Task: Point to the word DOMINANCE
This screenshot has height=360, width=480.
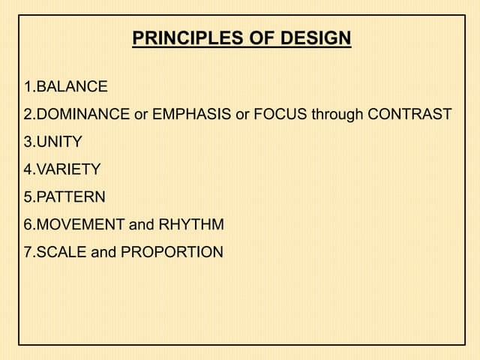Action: tap(83, 114)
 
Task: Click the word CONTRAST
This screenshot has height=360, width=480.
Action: tap(409, 114)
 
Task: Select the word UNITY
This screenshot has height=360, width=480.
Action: tap(59, 142)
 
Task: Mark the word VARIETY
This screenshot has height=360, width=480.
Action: tap(68, 169)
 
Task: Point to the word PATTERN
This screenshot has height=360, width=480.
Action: tap(70, 197)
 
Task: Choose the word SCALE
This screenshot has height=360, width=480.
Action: tap(61, 252)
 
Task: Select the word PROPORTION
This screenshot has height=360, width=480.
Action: tap(172, 252)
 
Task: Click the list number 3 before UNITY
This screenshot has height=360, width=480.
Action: tap(28, 142)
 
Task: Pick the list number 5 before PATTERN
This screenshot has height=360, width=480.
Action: tap(28, 197)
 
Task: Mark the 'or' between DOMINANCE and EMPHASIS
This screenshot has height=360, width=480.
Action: tap(141, 115)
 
